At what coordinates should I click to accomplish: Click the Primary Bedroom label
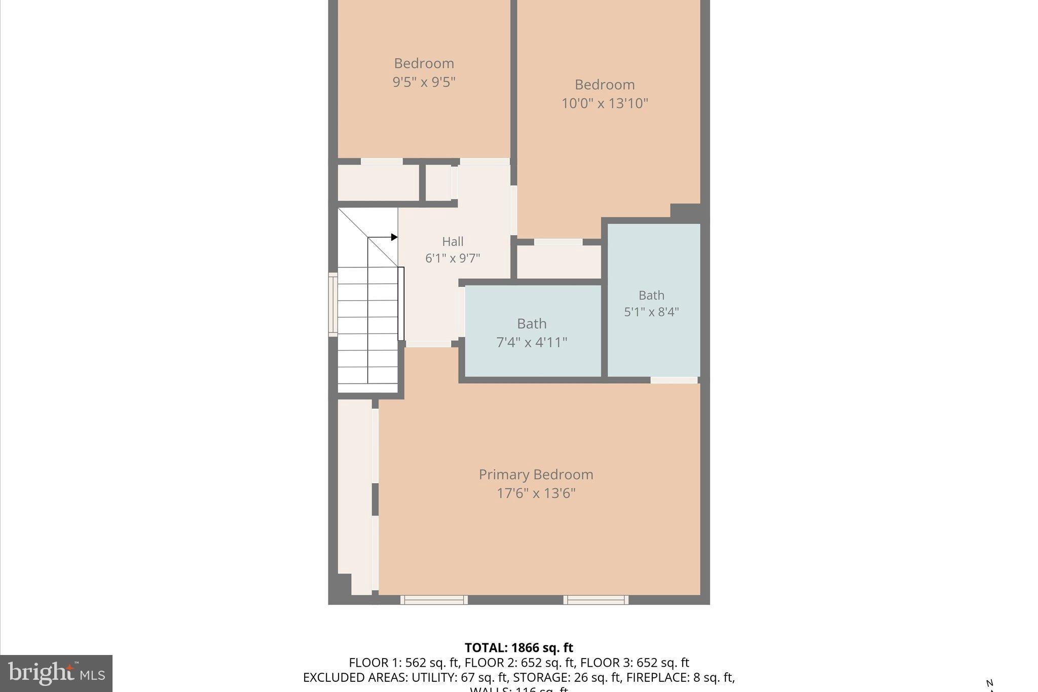[536, 475]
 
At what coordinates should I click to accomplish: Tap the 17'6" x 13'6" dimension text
[536, 493]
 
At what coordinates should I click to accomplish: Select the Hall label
[453, 241]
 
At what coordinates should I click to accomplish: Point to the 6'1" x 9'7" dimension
[453, 259]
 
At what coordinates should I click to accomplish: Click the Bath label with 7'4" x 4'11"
[532, 323]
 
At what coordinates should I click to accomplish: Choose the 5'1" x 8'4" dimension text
[651, 312]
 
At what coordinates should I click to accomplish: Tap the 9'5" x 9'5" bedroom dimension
[424, 82]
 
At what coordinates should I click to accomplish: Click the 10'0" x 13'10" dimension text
[605, 103]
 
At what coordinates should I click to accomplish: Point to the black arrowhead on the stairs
[394, 237]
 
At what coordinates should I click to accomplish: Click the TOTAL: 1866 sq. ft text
[518, 647]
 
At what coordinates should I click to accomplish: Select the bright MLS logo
[56, 673]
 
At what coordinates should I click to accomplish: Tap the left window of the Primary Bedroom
[434, 600]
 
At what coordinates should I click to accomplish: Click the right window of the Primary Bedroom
[596, 600]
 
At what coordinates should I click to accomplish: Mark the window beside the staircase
[333, 304]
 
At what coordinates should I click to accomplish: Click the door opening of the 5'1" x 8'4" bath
[674, 380]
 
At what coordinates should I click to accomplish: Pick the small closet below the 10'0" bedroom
[559, 262]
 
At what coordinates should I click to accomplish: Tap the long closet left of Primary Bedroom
[355, 497]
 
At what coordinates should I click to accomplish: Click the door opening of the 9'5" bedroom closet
[382, 162]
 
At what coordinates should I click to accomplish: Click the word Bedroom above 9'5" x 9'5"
[424, 63]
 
